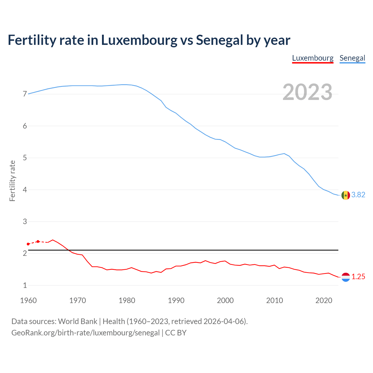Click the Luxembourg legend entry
pos(313,58)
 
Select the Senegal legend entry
pos(352,58)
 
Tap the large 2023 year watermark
pos(307,92)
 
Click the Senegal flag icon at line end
pos(346,195)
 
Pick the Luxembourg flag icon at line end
pos(346,277)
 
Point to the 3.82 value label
pos(358,195)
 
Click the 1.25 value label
pos(358,277)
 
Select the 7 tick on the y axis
pos(25,94)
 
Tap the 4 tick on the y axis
pos(25,190)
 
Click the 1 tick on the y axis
pos(25,285)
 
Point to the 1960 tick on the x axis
pos(28,300)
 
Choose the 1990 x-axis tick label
pos(176,300)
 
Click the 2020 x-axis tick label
pos(324,300)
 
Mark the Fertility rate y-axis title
pos(12,181)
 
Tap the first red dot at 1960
pos(28,244)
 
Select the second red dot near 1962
pos(38,242)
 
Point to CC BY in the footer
pos(176,333)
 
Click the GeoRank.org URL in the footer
pos(85,333)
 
